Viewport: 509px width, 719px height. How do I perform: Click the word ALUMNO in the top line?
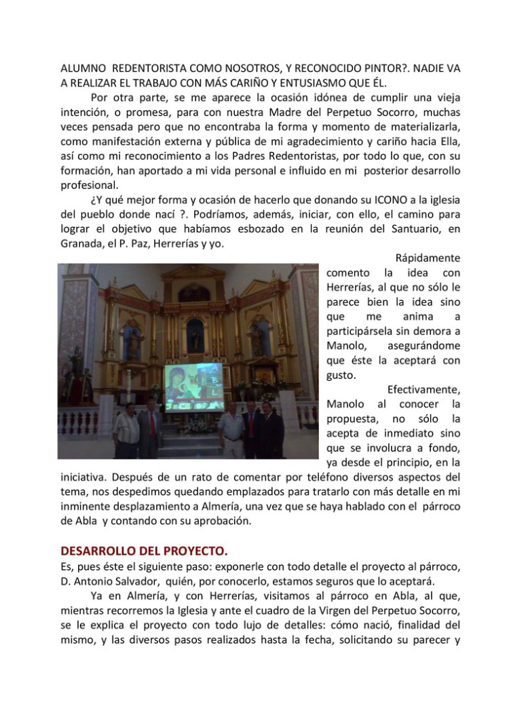tap(83, 68)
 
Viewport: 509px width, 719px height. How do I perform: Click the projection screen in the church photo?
tap(193, 387)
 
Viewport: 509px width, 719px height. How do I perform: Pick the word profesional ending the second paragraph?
tap(90, 184)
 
